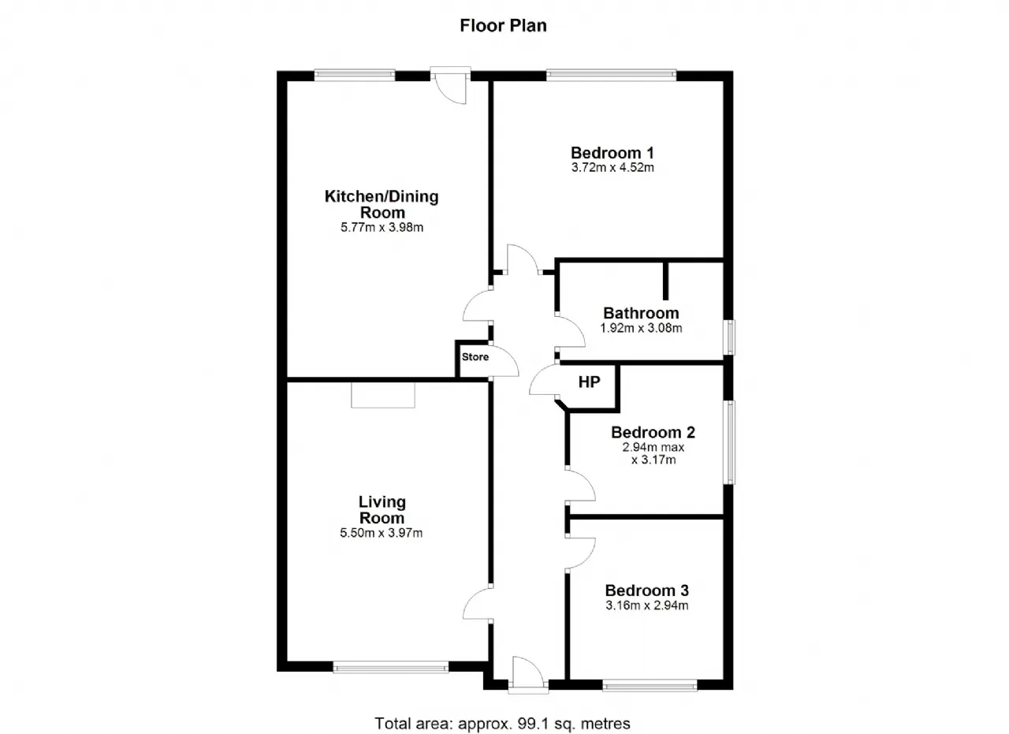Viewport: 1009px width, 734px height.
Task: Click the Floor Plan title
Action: point(503,26)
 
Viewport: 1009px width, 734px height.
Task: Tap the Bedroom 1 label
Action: point(612,153)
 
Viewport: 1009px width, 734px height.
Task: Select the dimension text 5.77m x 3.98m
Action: point(382,228)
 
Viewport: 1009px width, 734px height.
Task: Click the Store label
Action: point(475,357)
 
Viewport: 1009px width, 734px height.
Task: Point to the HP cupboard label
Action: point(589,382)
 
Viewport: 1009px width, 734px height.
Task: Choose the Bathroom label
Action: point(641,313)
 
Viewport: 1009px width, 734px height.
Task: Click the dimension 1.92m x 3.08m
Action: point(641,328)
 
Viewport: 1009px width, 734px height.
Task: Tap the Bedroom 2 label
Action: point(653,432)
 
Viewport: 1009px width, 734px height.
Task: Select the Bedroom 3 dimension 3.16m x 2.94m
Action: point(647,605)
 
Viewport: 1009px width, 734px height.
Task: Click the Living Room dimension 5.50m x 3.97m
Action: point(381,533)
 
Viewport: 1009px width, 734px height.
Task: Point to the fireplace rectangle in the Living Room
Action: point(383,395)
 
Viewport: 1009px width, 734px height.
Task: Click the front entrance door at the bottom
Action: point(528,675)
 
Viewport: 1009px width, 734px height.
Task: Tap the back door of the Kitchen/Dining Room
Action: point(450,86)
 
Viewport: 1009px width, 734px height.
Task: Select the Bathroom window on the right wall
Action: point(730,337)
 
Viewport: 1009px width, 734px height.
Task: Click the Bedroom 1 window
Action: point(611,75)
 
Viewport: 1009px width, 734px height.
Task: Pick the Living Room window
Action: point(390,667)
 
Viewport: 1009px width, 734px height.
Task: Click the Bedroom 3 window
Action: point(650,686)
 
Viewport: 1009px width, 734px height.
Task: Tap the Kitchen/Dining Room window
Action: point(355,75)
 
